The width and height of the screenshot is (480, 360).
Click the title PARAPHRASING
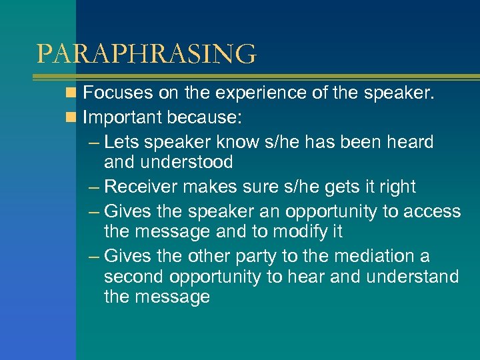(x=146, y=54)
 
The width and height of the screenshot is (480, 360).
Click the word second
(x=134, y=277)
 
